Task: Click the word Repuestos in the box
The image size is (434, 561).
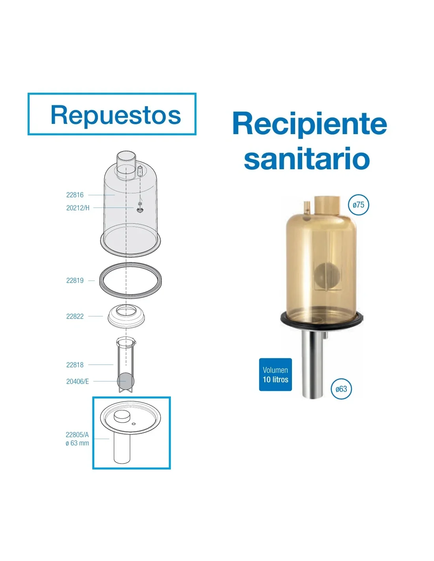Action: tap(116, 116)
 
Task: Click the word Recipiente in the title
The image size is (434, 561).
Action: tap(310, 124)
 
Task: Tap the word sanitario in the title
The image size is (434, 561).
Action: tap(307, 158)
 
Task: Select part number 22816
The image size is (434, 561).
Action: tap(75, 195)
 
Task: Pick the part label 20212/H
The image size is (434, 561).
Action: tap(78, 208)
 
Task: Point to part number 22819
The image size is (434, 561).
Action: tap(75, 280)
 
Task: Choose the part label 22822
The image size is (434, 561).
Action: tap(75, 316)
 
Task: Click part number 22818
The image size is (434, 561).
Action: tap(75, 365)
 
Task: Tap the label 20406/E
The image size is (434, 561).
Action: tap(77, 381)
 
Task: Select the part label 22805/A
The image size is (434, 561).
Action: tap(77, 435)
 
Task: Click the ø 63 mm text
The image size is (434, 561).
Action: tap(77, 443)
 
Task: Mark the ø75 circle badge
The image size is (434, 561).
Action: tap(358, 205)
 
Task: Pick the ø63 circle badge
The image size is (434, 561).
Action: tap(341, 389)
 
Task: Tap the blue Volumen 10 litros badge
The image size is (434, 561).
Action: tap(275, 375)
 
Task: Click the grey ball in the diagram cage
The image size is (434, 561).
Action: tap(125, 381)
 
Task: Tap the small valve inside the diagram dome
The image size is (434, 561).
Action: tap(139, 209)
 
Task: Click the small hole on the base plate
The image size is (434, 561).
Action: tap(133, 424)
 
